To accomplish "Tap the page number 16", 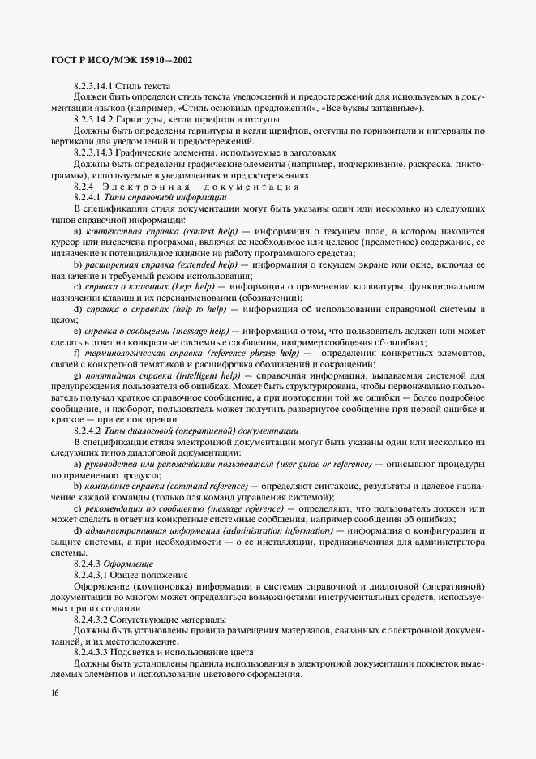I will point(54,693).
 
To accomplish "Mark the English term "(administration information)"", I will point(277,530).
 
